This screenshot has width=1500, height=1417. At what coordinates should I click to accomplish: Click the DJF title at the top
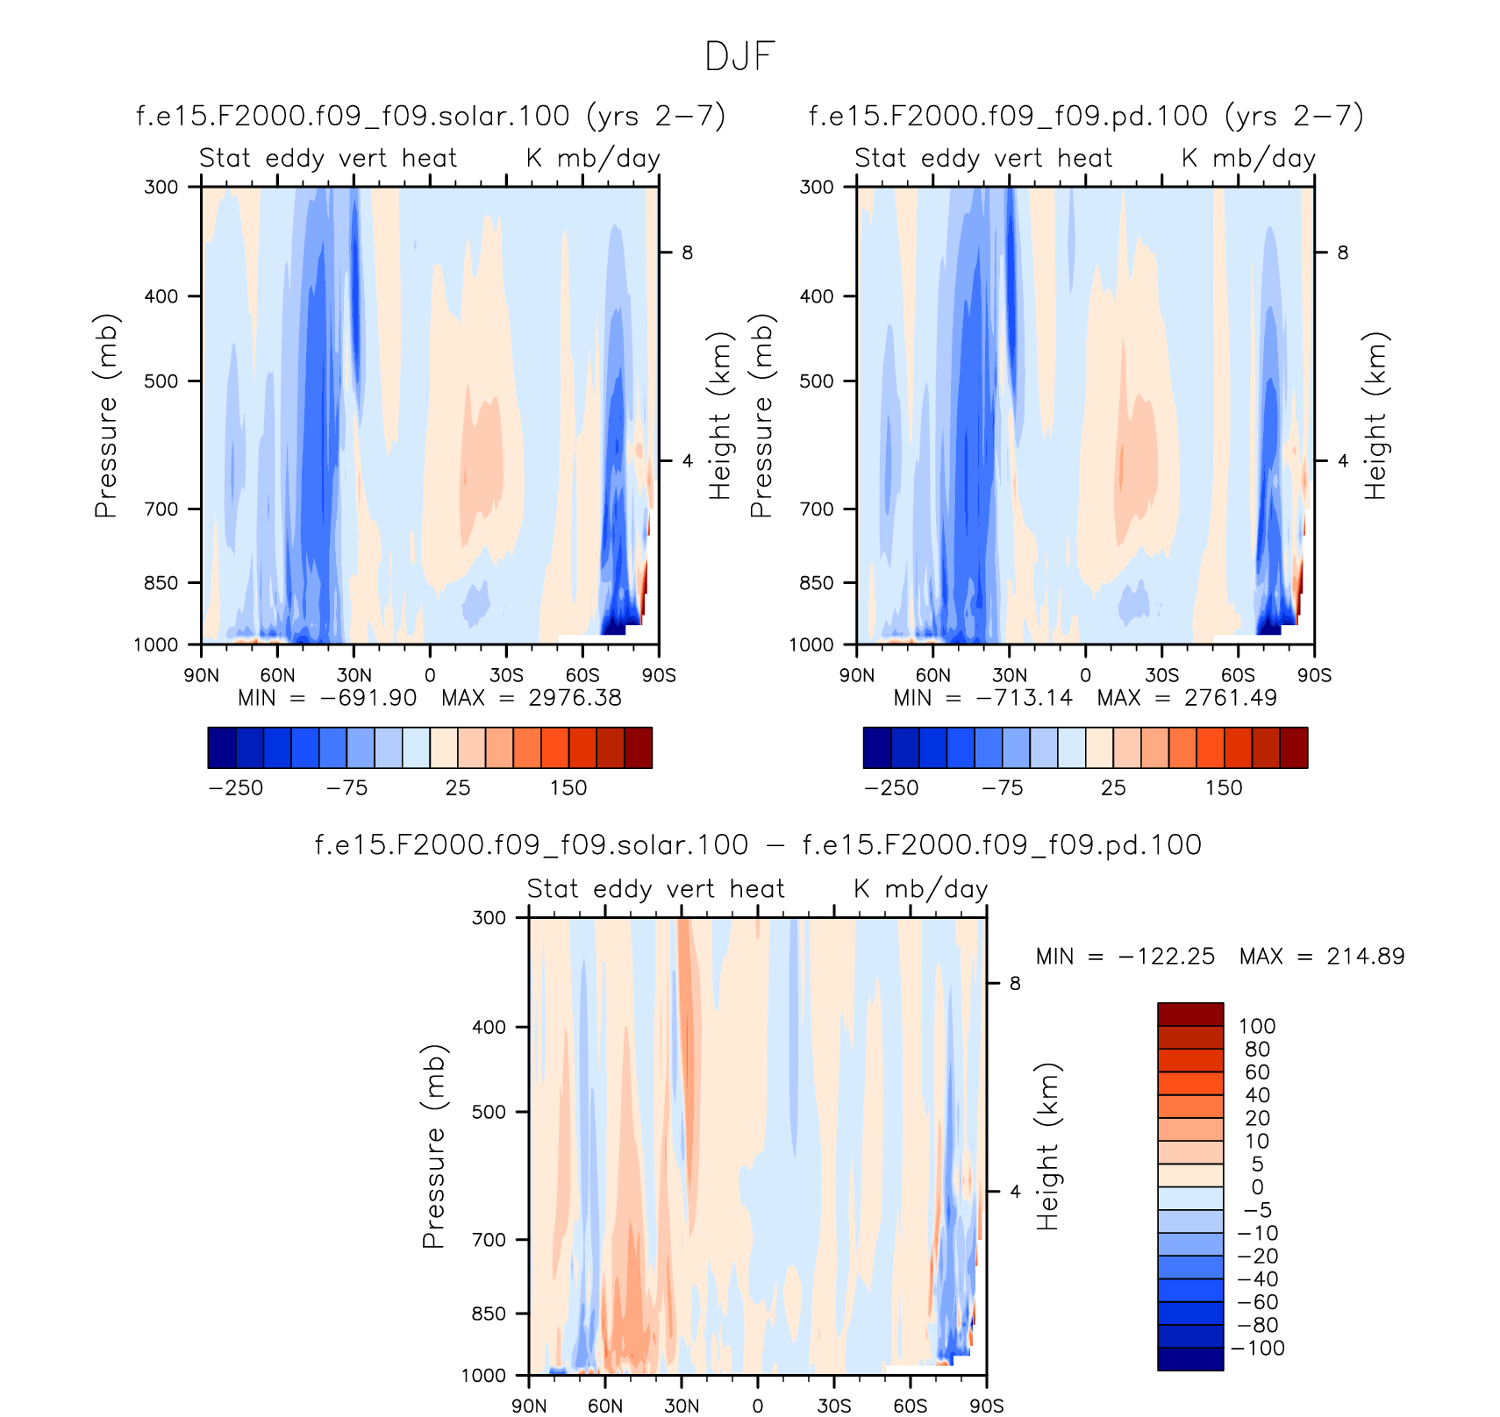coord(739,57)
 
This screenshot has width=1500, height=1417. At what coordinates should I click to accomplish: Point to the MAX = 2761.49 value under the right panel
coord(1187,698)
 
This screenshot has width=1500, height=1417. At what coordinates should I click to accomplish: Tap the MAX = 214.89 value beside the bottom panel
coord(1322,956)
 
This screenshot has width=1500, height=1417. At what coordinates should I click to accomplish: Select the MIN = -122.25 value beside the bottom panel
coord(1125,956)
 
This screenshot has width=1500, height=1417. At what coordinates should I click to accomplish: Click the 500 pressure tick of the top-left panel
coord(161,381)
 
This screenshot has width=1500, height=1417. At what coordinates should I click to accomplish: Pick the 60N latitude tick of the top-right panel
coord(933,675)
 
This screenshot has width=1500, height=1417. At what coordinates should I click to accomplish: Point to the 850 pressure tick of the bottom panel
coord(489,1314)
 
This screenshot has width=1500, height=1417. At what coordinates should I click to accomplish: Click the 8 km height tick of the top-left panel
coord(687,253)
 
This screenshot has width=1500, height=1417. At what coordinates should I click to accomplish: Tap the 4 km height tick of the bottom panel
coord(1015,1192)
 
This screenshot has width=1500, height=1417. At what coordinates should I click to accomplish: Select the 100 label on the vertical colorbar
coord(1256,1026)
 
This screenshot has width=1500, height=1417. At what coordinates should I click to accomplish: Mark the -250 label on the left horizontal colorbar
coord(236,787)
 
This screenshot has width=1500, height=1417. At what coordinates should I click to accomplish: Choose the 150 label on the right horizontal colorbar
coord(1224,787)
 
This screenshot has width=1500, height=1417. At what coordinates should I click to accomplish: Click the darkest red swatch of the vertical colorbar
coord(1190,1015)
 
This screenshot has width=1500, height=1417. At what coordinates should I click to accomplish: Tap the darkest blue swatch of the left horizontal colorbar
coord(222,747)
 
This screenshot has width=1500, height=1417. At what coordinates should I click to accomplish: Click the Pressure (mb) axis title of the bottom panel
coord(433,1146)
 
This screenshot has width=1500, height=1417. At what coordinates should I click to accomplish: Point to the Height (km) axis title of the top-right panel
coord(1375,416)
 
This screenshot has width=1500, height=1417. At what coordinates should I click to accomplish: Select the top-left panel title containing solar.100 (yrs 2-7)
coord(431,116)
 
